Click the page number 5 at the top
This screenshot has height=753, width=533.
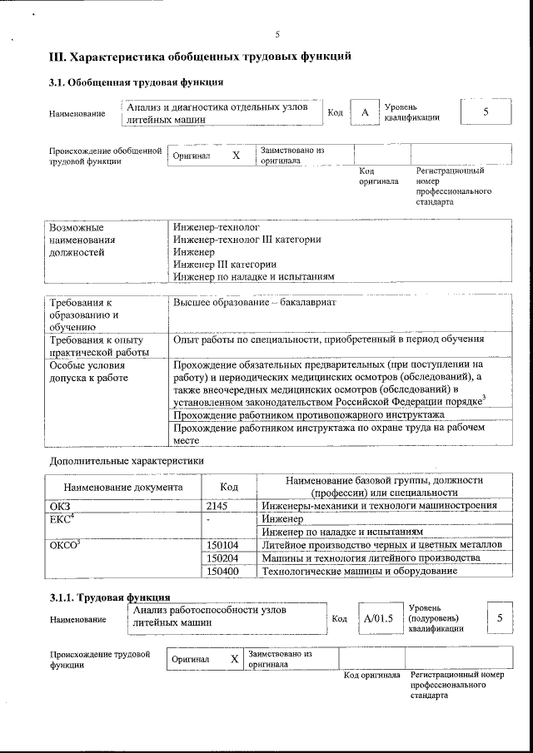pyautogui.click(x=278, y=34)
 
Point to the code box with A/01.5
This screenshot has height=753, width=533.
pyautogui.click(x=377, y=618)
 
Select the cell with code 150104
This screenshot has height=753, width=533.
pyautogui.click(x=222, y=544)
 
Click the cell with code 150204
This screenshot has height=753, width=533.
pyautogui.click(x=222, y=557)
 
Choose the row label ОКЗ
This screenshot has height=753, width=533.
pyautogui.click(x=62, y=505)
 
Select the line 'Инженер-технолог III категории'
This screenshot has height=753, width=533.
pyautogui.click(x=247, y=240)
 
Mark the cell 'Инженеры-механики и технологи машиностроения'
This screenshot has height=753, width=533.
pyautogui.click(x=380, y=505)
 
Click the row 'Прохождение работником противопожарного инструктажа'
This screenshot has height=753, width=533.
pyautogui.click(x=308, y=414)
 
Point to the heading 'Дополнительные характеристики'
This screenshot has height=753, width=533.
pyautogui.click(x=127, y=460)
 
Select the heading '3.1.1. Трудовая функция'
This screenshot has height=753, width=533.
pyautogui.click(x=110, y=597)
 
